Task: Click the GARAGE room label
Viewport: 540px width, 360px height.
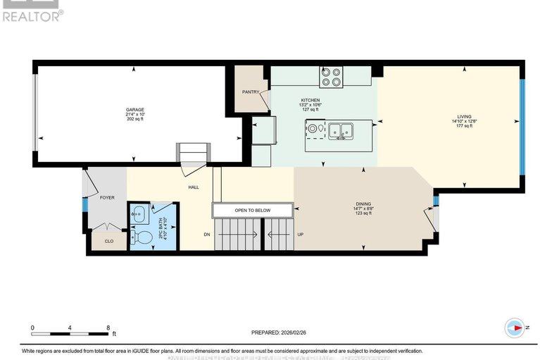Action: click(135, 110)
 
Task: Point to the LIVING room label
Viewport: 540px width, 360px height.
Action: click(464, 116)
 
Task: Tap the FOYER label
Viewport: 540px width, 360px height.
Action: click(106, 198)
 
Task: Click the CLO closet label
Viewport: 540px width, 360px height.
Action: click(108, 241)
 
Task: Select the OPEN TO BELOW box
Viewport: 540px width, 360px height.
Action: click(252, 210)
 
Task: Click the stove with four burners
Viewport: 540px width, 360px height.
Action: click(331, 75)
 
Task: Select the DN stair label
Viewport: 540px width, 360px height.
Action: click(206, 235)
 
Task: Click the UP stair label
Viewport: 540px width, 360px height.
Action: click(300, 235)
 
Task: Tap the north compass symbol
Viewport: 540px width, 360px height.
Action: click(515, 328)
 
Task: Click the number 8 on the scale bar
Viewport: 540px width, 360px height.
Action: click(108, 328)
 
